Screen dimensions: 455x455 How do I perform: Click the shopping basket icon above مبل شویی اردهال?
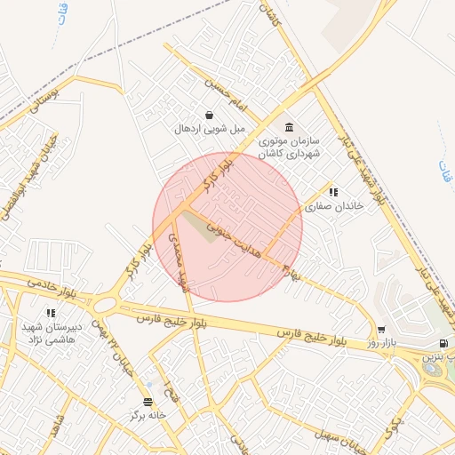click(208, 115)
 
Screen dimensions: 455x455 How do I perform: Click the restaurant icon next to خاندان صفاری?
click(333, 191)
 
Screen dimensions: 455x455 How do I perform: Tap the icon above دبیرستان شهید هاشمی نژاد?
click(51, 313)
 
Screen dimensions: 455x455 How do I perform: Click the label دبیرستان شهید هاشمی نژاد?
click(52, 332)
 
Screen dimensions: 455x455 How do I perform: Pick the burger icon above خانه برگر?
click(148, 401)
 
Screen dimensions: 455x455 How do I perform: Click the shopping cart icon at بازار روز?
click(381, 329)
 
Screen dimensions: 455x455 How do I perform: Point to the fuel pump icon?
click(443, 343)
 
